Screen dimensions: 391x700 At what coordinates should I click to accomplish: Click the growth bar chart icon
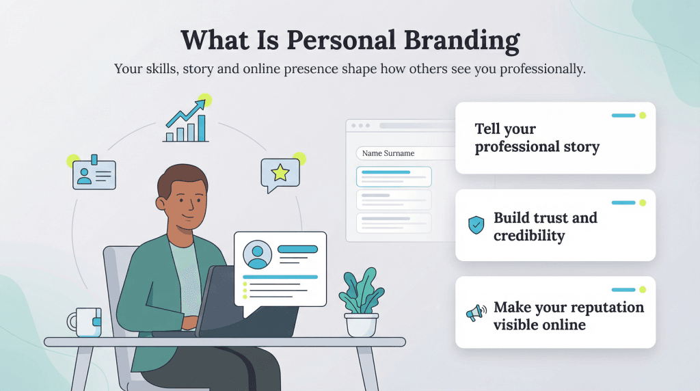(x=185, y=122)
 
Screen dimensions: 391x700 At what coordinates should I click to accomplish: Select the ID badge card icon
(x=94, y=174)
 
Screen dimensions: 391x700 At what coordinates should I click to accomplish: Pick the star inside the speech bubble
(x=280, y=172)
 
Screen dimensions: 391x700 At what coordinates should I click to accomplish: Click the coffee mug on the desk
(x=85, y=322)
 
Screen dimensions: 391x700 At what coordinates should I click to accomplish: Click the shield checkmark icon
(x=476, y=225)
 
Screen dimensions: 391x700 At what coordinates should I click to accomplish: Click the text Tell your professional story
(x=537, y=137)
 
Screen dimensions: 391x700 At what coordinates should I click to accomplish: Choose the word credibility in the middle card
(x=529, y=236)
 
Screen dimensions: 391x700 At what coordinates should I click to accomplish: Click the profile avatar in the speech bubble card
(x=258, y=255)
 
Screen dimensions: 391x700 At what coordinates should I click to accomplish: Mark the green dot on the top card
(x=642, y=116)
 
